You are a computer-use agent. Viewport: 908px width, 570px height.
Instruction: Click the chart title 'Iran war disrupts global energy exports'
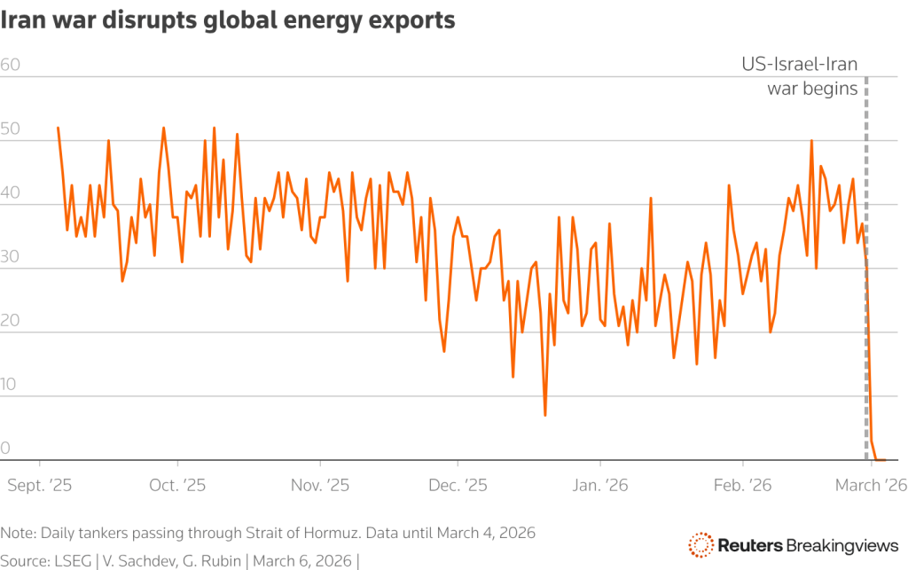pos(228,20)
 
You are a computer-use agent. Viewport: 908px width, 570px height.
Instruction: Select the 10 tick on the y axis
pos(11,385)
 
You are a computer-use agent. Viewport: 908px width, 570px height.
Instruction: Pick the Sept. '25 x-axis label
pos(39,485)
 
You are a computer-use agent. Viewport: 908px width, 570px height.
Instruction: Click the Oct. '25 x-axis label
pos(178,485)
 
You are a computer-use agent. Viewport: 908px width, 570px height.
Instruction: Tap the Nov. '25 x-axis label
pos(320,485)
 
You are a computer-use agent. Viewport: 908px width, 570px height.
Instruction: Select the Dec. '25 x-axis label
pos(458,485)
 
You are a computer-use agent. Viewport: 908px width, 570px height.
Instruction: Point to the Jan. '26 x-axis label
pos(600,485)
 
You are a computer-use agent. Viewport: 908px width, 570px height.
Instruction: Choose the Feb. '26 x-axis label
pos(742,485)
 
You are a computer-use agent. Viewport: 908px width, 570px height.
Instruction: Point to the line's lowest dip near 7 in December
pos(545,415)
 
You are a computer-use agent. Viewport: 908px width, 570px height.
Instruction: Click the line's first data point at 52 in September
pos(58,128)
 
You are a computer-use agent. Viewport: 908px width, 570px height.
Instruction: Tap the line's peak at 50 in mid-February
pos(811,140)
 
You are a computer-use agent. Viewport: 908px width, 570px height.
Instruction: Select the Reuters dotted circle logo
pos(701,544)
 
